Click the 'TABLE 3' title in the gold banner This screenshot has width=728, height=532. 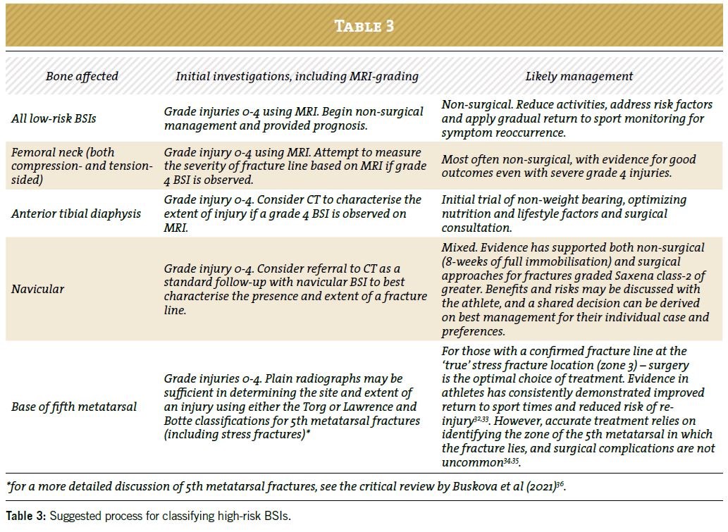point(364,26)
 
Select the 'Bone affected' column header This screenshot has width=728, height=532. point(82,76)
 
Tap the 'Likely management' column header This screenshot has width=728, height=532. point(579,76)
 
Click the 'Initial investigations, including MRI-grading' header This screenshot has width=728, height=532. point(297,76)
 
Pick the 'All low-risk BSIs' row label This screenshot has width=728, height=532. point(54,118)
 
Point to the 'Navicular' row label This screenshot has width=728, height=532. point(38,289)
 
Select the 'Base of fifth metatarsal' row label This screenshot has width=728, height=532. point(73,407)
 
